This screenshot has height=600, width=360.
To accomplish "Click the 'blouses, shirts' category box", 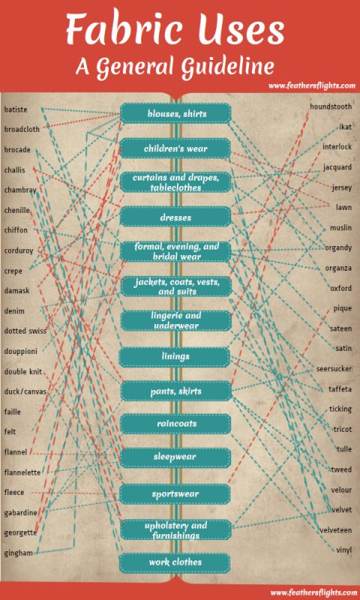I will [176, 114].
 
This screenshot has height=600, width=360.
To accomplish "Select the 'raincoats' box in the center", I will [176, 424].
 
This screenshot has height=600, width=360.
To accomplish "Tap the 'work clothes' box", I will [176, 562].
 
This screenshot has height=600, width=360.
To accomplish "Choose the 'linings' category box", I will [176, 356].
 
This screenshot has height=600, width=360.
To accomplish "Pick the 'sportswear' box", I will [176, 494].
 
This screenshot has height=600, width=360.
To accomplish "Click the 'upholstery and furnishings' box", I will [176, 530].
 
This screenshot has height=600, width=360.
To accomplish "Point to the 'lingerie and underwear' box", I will [176, 321].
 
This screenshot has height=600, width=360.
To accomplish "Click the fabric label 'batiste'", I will [16, 109].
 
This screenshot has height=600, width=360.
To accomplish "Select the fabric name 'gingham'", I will [18, 553].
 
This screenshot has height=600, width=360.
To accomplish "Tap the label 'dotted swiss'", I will [25, 331].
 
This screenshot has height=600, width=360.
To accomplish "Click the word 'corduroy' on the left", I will [19, 250].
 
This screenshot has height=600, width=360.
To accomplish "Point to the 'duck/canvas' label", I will [24, 391].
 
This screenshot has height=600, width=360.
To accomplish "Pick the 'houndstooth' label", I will [331, 108].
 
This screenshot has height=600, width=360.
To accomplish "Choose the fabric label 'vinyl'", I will [343, 550].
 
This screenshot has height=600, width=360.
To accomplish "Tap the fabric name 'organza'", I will [337, 268].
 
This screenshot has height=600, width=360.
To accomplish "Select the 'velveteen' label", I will [334, 530].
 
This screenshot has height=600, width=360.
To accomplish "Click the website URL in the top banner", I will [308, 85].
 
